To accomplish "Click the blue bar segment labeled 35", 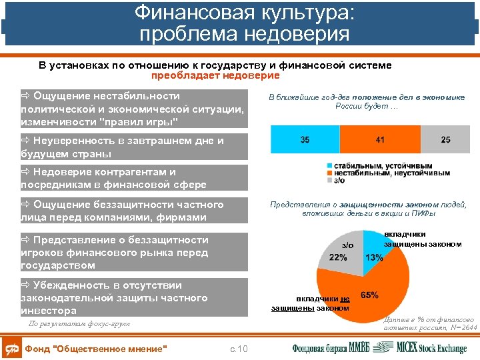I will pyautogui.click(x=304, y=140).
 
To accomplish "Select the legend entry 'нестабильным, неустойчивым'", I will pyautogui.click(x=387, y=173).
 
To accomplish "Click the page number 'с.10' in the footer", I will pyautogui.click(x=238, y=349).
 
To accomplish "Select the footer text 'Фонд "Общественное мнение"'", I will pyautogui.click(x=95, y=349).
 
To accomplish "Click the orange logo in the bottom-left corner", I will pyautogui.click(x=11, y=348).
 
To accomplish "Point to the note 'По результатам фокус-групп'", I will pyautogui.click(x=79, y=324).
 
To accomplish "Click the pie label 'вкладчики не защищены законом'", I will pyautogui.click(x=310, y=303).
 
